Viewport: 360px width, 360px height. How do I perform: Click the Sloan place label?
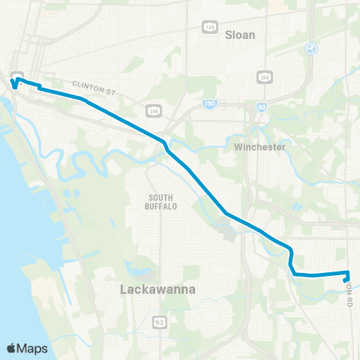tap(240, 34)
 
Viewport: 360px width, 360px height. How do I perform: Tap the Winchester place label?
tap(259, 147)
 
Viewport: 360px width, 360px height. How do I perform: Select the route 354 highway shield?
tap(151, 109)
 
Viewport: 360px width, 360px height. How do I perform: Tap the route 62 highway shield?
tap(159, 322)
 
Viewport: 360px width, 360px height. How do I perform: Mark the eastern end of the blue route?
tap(346, 281)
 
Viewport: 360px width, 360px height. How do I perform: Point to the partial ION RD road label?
tap(349, 295)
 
